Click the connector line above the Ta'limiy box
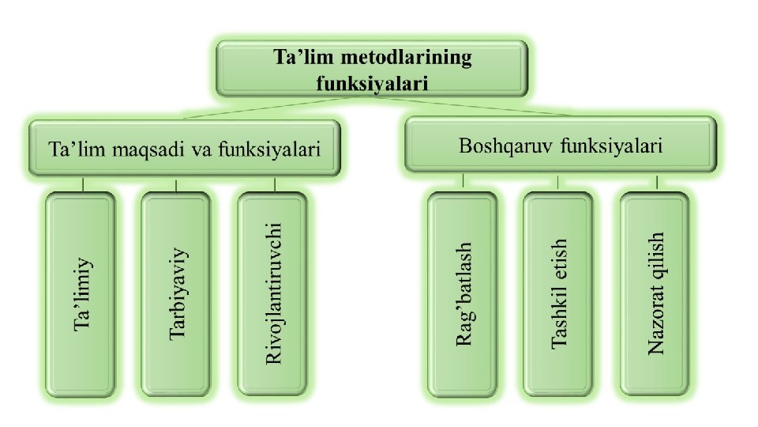(82, 184)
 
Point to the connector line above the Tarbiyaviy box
(176, 184)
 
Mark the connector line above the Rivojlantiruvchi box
(274, 184)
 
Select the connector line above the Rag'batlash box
(463, 183)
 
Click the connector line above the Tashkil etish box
(558, 183)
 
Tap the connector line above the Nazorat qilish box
(655, 183)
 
